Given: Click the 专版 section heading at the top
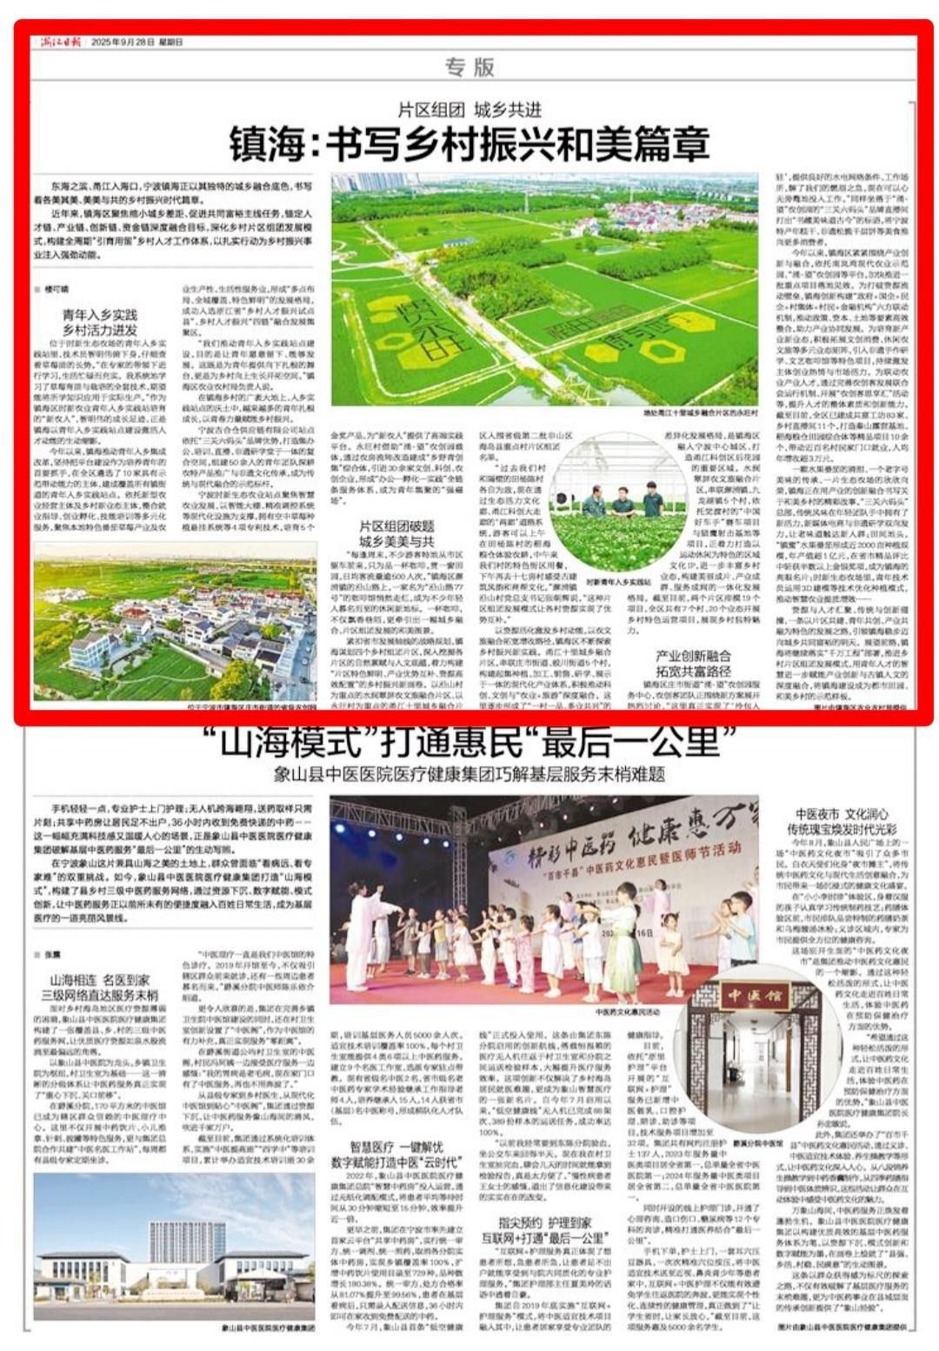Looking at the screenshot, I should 469,67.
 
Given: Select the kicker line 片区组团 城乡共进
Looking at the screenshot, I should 469,110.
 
